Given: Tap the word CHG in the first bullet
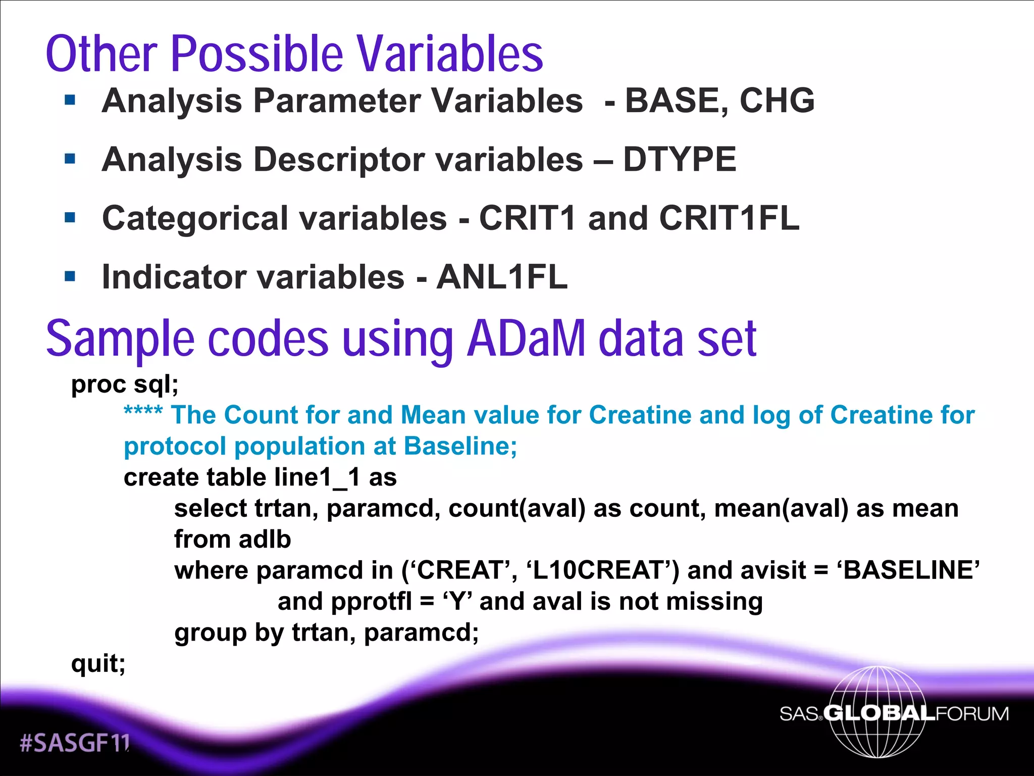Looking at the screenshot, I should (x=777, y=101).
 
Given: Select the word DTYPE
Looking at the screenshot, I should (x=680, y=160).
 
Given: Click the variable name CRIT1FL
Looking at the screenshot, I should (x=729, y=218).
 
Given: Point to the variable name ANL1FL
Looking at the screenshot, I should (x=502, y=277).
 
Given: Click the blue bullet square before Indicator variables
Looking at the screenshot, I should (x=70, y=277).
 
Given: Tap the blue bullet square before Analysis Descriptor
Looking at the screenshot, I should (x=70, y=159).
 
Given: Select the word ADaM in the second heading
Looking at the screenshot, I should (x=526, y=338).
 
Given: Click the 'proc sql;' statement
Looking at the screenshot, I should (x=125, y=384).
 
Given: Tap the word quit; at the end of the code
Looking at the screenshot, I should (x=98, y=663).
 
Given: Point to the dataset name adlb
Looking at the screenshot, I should (x=265, y=540).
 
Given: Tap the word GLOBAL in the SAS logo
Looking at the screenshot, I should (x=879, y=713).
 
